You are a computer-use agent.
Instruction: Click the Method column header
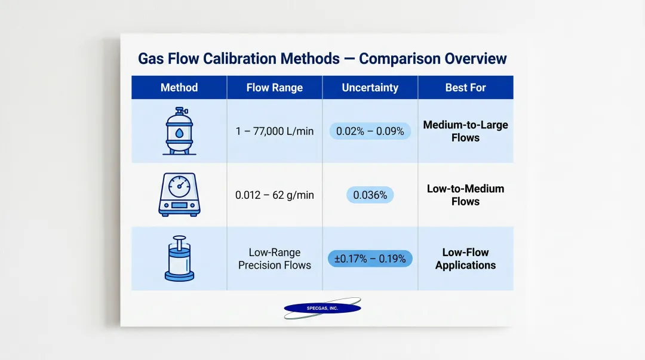coord(179,88)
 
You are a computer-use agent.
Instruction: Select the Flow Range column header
coord(275,88)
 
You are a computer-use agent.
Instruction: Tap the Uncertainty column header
coord(370,88)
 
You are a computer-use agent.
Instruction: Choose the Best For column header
coord(465,88)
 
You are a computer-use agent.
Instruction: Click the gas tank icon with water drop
coord(179,131)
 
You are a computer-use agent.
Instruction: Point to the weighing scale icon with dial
coord(179,195)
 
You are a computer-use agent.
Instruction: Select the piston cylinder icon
coord(179,259)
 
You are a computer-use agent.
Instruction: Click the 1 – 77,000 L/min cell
coord(275,131)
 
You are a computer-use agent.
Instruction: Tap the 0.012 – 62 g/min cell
coord(275,195)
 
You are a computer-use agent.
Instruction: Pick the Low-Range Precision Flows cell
coord(275,259)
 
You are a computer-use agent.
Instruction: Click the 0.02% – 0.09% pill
coord(370,131)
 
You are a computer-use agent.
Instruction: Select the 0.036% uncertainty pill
coord(370,195)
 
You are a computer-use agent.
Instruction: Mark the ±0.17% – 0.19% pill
coord(370,259)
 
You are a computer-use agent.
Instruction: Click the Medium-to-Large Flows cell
coord(465,131)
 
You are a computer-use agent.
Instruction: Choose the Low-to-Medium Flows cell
coord(465,195)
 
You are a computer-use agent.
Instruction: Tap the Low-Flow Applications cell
coord(465,259)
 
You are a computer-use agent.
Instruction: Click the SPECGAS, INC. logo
coord(322,309)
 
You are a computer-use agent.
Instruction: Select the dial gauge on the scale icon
coord(179,186)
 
